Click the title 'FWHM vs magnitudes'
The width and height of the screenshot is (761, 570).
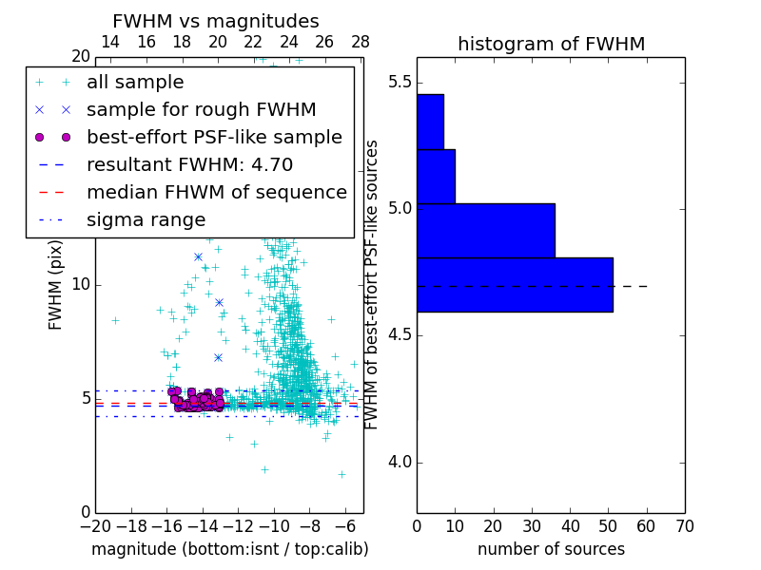(215, 21)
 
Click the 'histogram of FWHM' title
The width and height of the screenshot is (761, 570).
(551, 44)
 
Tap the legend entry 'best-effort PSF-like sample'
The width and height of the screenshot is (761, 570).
(214, 137)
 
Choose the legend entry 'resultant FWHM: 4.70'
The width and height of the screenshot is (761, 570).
(189, 164)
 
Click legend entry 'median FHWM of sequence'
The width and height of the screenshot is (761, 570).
(217, 192)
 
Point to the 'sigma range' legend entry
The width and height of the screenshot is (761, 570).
(146, 219)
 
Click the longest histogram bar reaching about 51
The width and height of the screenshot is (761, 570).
(515, 284)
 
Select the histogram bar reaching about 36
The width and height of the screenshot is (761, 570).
(485, 230)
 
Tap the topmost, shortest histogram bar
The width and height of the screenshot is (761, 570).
(430, 122)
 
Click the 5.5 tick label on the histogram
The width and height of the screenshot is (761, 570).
(400, 82)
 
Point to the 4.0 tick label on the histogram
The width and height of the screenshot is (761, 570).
(400, 463)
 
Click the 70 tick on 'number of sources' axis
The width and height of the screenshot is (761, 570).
(684, 525)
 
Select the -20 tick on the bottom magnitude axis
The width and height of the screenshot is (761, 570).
(95, 525)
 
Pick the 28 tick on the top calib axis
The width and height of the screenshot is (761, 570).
(361, 42)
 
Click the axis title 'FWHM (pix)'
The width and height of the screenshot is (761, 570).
(56, 284)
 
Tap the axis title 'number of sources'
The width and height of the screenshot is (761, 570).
(551, 549)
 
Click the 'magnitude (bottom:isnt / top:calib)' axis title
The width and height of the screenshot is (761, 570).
(229, 549)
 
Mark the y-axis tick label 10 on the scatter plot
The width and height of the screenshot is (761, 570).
(80, 285)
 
